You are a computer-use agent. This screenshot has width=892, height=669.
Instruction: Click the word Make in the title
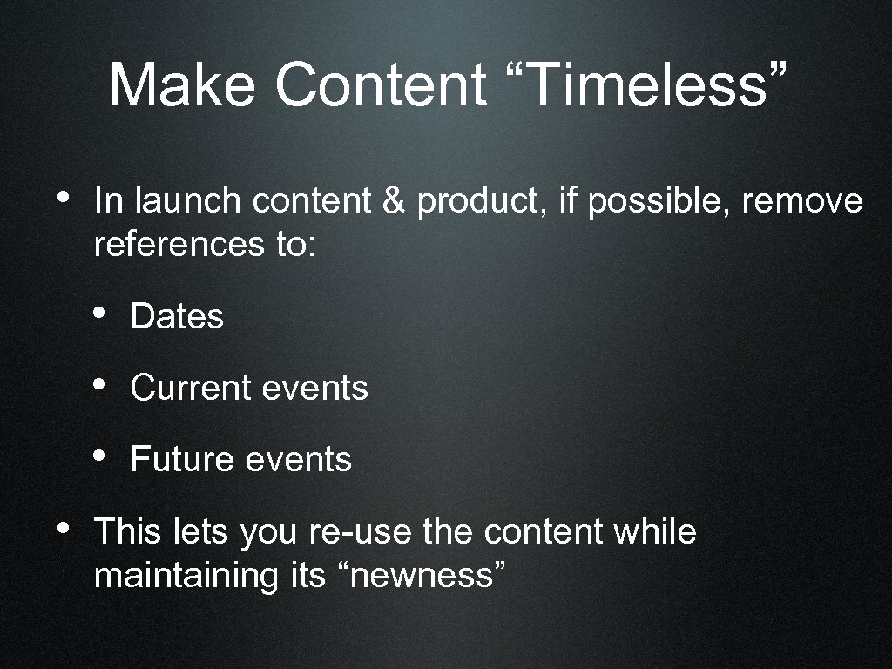(181, 85)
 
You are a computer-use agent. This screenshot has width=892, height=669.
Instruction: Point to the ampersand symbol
(395, 202)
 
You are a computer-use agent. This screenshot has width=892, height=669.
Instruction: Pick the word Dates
(177, 316)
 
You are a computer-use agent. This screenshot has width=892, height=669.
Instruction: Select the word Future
(180, 459)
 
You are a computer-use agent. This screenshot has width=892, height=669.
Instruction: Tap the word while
(654, 531)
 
